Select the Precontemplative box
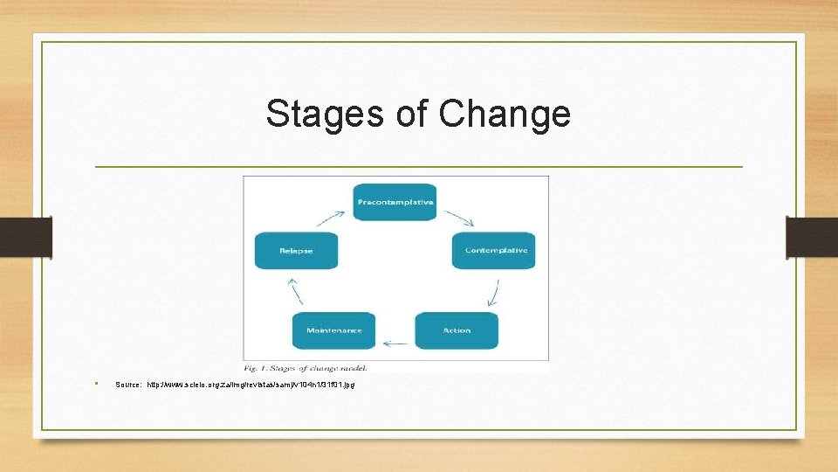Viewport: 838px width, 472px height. click(x=395, y=202)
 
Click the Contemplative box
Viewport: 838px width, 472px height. click(x=496, y=251)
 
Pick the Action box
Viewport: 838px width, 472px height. click(x=457, y=330)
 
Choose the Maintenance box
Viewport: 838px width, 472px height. click(x=333, y=330)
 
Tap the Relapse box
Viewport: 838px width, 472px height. click(x=296, y=251)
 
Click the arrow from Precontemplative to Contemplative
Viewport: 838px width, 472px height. click(x=457, y=217)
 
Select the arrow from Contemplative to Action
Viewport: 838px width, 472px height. click(x=495, y=291)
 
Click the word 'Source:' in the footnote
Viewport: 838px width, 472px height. click(x=128, y=385)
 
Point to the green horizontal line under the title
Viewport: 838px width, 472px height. click(x=418, y=166)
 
